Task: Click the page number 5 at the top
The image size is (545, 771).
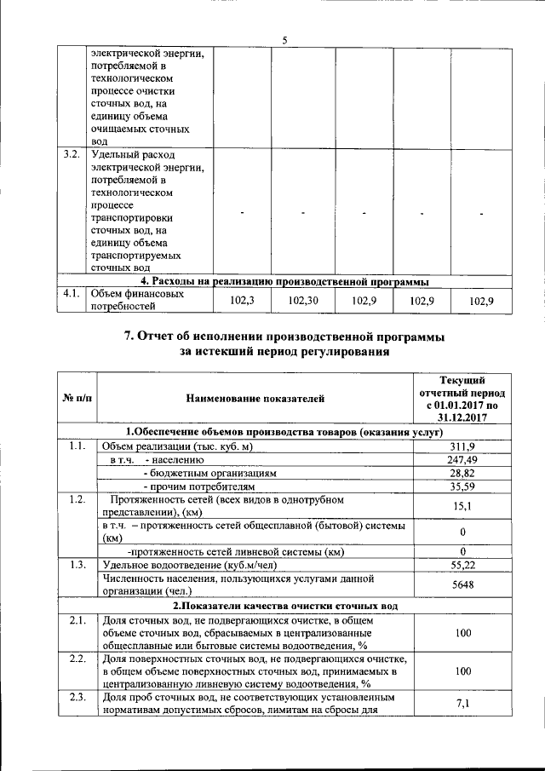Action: (284, 38)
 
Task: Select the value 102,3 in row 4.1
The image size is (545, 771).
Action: (243, 300)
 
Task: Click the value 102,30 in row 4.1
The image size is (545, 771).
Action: (303, 300)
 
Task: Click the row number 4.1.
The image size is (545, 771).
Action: (71, 294)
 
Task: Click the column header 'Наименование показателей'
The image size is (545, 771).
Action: (256, 397)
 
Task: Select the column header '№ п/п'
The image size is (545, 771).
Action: (77, 397)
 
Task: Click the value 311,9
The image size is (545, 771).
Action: (462, 446)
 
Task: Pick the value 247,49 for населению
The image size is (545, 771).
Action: (462, 460)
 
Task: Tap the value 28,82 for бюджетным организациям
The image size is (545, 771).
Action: (462, 473)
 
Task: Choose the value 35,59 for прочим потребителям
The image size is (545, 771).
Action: (462, 486)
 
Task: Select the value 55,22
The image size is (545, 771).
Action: (462, 565)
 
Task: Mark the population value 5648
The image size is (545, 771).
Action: (462, 585)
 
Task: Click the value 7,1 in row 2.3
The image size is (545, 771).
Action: (462, 704)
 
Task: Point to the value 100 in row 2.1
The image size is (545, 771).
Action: (462, 635)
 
